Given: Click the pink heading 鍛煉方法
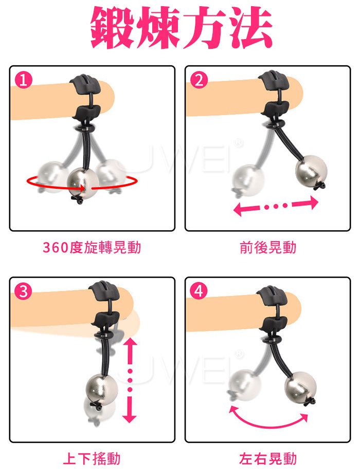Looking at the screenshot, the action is [x=182, y=28].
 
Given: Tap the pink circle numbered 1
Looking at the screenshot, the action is [x=24, y=80].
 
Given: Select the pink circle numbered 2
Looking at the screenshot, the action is [x=199, y=80].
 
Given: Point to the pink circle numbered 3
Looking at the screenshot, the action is [x=24, y=291].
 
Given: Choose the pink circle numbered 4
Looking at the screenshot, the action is [x=199, y=291].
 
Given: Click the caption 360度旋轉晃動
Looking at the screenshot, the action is [x=92, y=247].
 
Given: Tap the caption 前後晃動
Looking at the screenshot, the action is [x=268, y=247].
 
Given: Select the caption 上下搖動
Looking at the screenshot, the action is [x=92, y=458].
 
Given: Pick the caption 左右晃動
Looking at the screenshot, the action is [x=268, y=458].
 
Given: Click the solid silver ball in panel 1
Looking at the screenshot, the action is [x=82, y=183].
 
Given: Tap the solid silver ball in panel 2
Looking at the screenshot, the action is [x=311, y=171].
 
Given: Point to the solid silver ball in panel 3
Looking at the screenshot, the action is [x=102, y=390].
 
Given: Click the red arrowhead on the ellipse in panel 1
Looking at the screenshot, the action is [x=81, y=188].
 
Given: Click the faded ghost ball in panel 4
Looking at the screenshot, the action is [x=244, y=385].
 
